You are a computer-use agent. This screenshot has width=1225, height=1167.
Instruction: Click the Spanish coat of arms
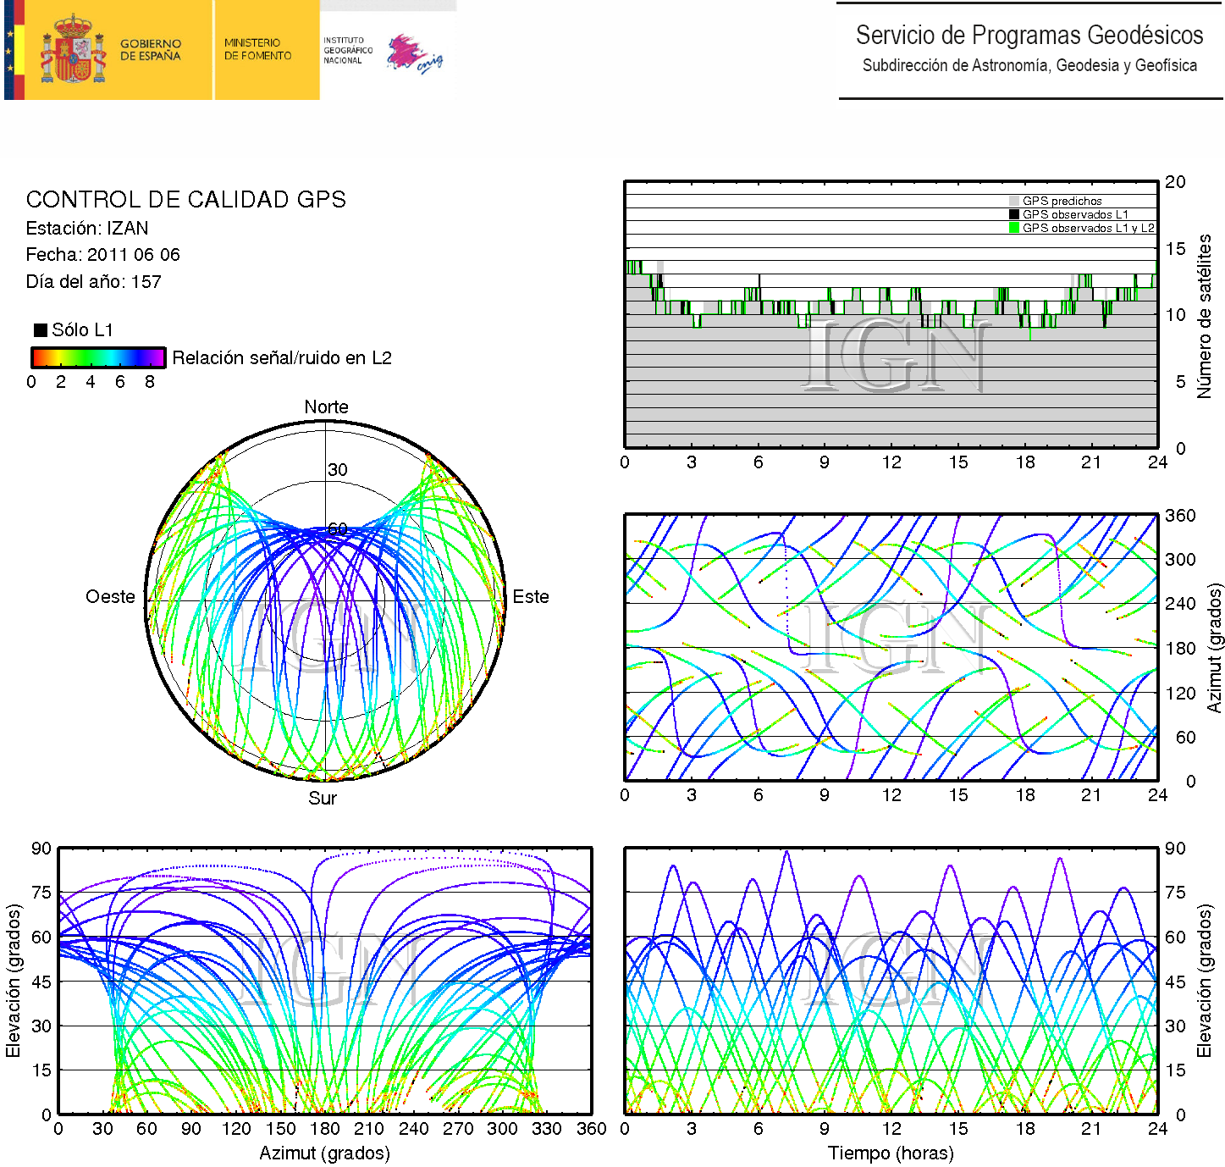coord(72,50)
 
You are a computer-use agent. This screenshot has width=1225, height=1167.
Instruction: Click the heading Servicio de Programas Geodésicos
coord(1029,35)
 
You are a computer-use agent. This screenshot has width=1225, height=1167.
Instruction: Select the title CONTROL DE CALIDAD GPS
coord(186,200)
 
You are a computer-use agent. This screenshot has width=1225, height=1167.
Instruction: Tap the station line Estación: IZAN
coord(87,229)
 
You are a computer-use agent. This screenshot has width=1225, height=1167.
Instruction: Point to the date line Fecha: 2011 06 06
coord(102,255)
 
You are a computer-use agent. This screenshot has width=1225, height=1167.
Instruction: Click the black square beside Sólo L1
coord(41,330)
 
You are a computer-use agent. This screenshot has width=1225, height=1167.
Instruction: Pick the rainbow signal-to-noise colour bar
coord(97,357)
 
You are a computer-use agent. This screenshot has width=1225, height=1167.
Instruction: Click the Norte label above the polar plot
coord(326,407)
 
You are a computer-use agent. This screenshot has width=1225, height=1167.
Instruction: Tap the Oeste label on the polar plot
coord(110,597)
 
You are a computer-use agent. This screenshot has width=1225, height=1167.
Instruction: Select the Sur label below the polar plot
coord(323,799)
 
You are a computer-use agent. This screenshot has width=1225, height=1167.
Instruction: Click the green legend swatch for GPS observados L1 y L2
coord(1014,228)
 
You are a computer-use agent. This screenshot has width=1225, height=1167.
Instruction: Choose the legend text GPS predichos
coord(1062,202)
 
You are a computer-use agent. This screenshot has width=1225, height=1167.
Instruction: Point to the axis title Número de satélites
coord(1204,316)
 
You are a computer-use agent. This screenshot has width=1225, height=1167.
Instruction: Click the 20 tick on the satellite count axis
coord(1175,182)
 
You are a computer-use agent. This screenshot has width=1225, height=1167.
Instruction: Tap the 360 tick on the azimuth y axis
coord(1180,516)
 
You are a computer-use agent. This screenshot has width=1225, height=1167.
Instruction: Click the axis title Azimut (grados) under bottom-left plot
coord(324,1153)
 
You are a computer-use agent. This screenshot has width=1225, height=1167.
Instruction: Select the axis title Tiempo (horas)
coord(891,1153)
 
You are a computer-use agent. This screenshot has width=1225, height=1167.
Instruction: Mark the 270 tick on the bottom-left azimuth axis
coord(458,1129)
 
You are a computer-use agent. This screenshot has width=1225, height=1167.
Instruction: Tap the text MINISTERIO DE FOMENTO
coord(257,49)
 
